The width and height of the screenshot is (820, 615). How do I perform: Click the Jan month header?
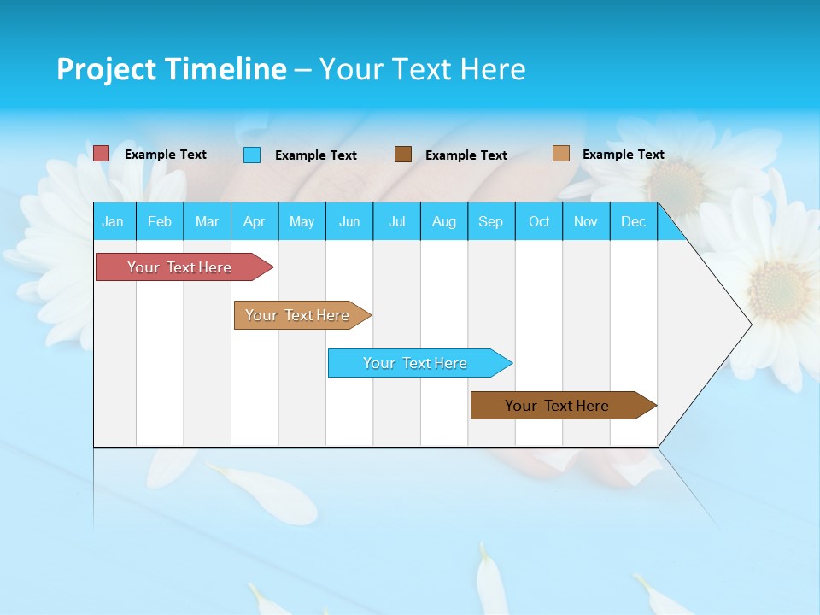[113, 221]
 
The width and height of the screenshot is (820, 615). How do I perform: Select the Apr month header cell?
[255, 221]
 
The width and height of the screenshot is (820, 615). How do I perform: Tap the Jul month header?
[396, 221]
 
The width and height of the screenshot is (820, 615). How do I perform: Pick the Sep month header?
[490, 221]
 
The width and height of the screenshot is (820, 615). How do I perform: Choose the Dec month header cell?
[633, 221]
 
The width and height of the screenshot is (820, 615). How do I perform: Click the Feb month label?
[160, 221]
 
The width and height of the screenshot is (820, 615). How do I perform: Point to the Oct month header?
[539, 221]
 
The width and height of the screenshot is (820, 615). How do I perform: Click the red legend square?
[102, 154]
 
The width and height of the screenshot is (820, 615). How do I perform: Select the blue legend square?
[252, 155]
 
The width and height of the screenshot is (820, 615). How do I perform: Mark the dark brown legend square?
[403, 155]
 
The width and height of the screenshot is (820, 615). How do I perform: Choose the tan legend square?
[561, 154]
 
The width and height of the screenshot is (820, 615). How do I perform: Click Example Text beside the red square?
[166, 155]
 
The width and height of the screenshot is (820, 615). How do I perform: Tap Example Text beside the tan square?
[624, 155]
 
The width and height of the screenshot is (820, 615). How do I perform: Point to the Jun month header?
[349, 221]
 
